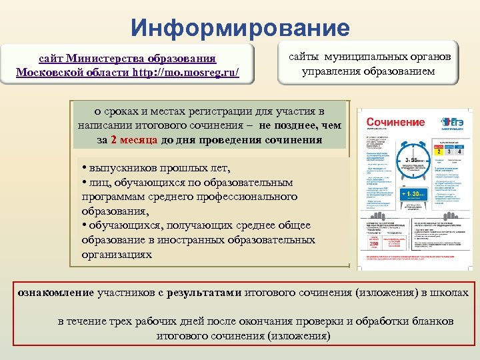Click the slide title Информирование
240,28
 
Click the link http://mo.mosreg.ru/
189,71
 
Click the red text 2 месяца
134,140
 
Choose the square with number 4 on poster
459,152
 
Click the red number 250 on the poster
373,245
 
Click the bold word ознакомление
56,292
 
